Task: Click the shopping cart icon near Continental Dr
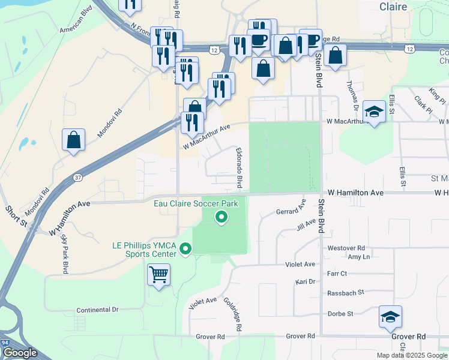point(158,275)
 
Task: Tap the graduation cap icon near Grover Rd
point(390,317)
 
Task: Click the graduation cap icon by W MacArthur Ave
point(374,112)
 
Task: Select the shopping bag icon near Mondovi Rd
point(73,140)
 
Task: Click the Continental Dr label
point(98,310)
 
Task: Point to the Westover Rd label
point(346,248)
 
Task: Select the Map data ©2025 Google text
point(411,355)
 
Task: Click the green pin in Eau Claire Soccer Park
point(221,217)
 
